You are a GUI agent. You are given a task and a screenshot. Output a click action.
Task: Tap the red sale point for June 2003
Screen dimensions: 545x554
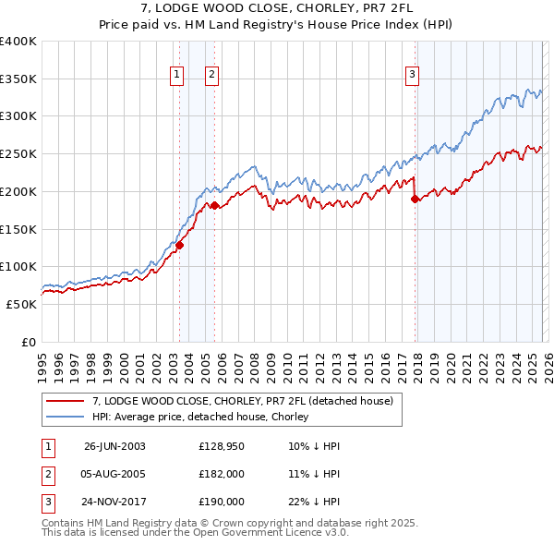pyautogui.click(x=180, y=245)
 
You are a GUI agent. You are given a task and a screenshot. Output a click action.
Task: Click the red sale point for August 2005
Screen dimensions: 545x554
pyautogui.click(x=214, y=205)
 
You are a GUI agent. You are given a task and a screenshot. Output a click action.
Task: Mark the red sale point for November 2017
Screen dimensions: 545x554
pyautogui.click(x=415, y=199)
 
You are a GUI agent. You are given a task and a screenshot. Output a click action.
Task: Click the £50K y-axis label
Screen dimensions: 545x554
pyautogui.click(x=21, y=304)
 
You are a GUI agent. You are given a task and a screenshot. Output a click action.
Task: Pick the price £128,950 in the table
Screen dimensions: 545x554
pyautogui.click(x=222, y=446)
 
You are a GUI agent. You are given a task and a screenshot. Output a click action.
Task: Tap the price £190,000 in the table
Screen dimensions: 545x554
pyautogui.click(x=222, y=502)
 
